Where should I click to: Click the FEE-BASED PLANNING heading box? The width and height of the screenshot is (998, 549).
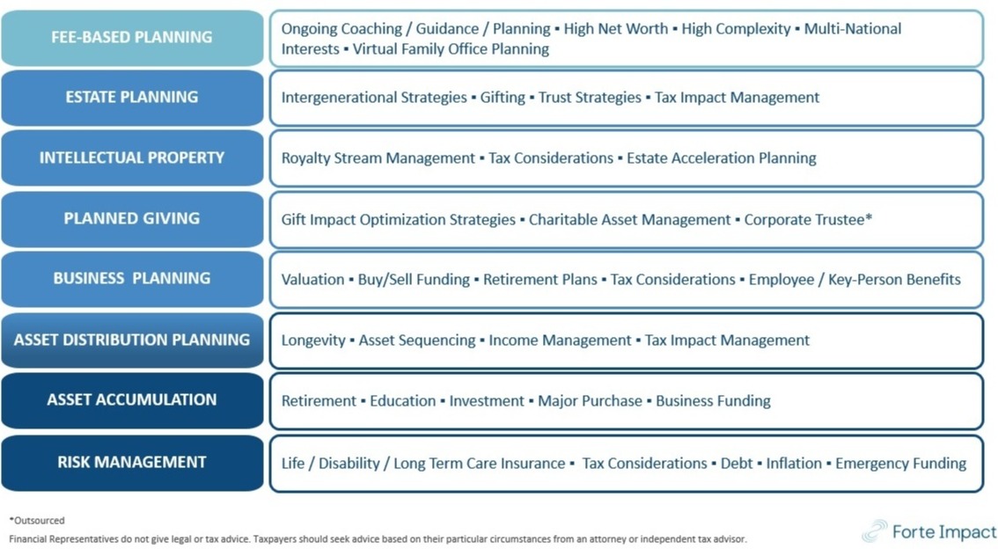132,38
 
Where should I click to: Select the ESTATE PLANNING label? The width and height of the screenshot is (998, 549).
132,98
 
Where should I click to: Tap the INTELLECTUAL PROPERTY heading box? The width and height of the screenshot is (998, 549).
132,157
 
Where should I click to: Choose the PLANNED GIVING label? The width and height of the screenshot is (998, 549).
132,219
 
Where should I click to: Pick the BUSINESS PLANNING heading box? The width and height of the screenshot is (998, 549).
132,279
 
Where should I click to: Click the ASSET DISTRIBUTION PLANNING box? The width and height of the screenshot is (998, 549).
132,340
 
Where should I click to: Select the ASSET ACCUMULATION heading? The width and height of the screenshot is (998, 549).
132,400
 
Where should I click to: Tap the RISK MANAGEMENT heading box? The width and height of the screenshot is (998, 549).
132,463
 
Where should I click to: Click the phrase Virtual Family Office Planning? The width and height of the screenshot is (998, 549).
451,49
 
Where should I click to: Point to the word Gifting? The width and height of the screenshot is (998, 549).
503,98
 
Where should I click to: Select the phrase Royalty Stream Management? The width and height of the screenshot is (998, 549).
378,157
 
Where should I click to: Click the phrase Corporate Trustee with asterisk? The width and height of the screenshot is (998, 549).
808,219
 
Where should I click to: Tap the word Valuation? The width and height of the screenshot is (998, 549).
312,279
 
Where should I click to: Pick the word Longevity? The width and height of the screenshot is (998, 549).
313,340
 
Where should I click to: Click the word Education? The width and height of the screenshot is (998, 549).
402,401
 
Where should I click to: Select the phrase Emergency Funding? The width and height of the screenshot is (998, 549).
900,463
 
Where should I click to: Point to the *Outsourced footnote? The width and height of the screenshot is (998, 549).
37,520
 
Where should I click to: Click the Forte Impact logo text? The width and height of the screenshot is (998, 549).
944,531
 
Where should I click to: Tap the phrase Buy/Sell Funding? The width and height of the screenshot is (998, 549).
414,279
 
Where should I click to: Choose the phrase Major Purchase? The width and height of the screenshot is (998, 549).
590,401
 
